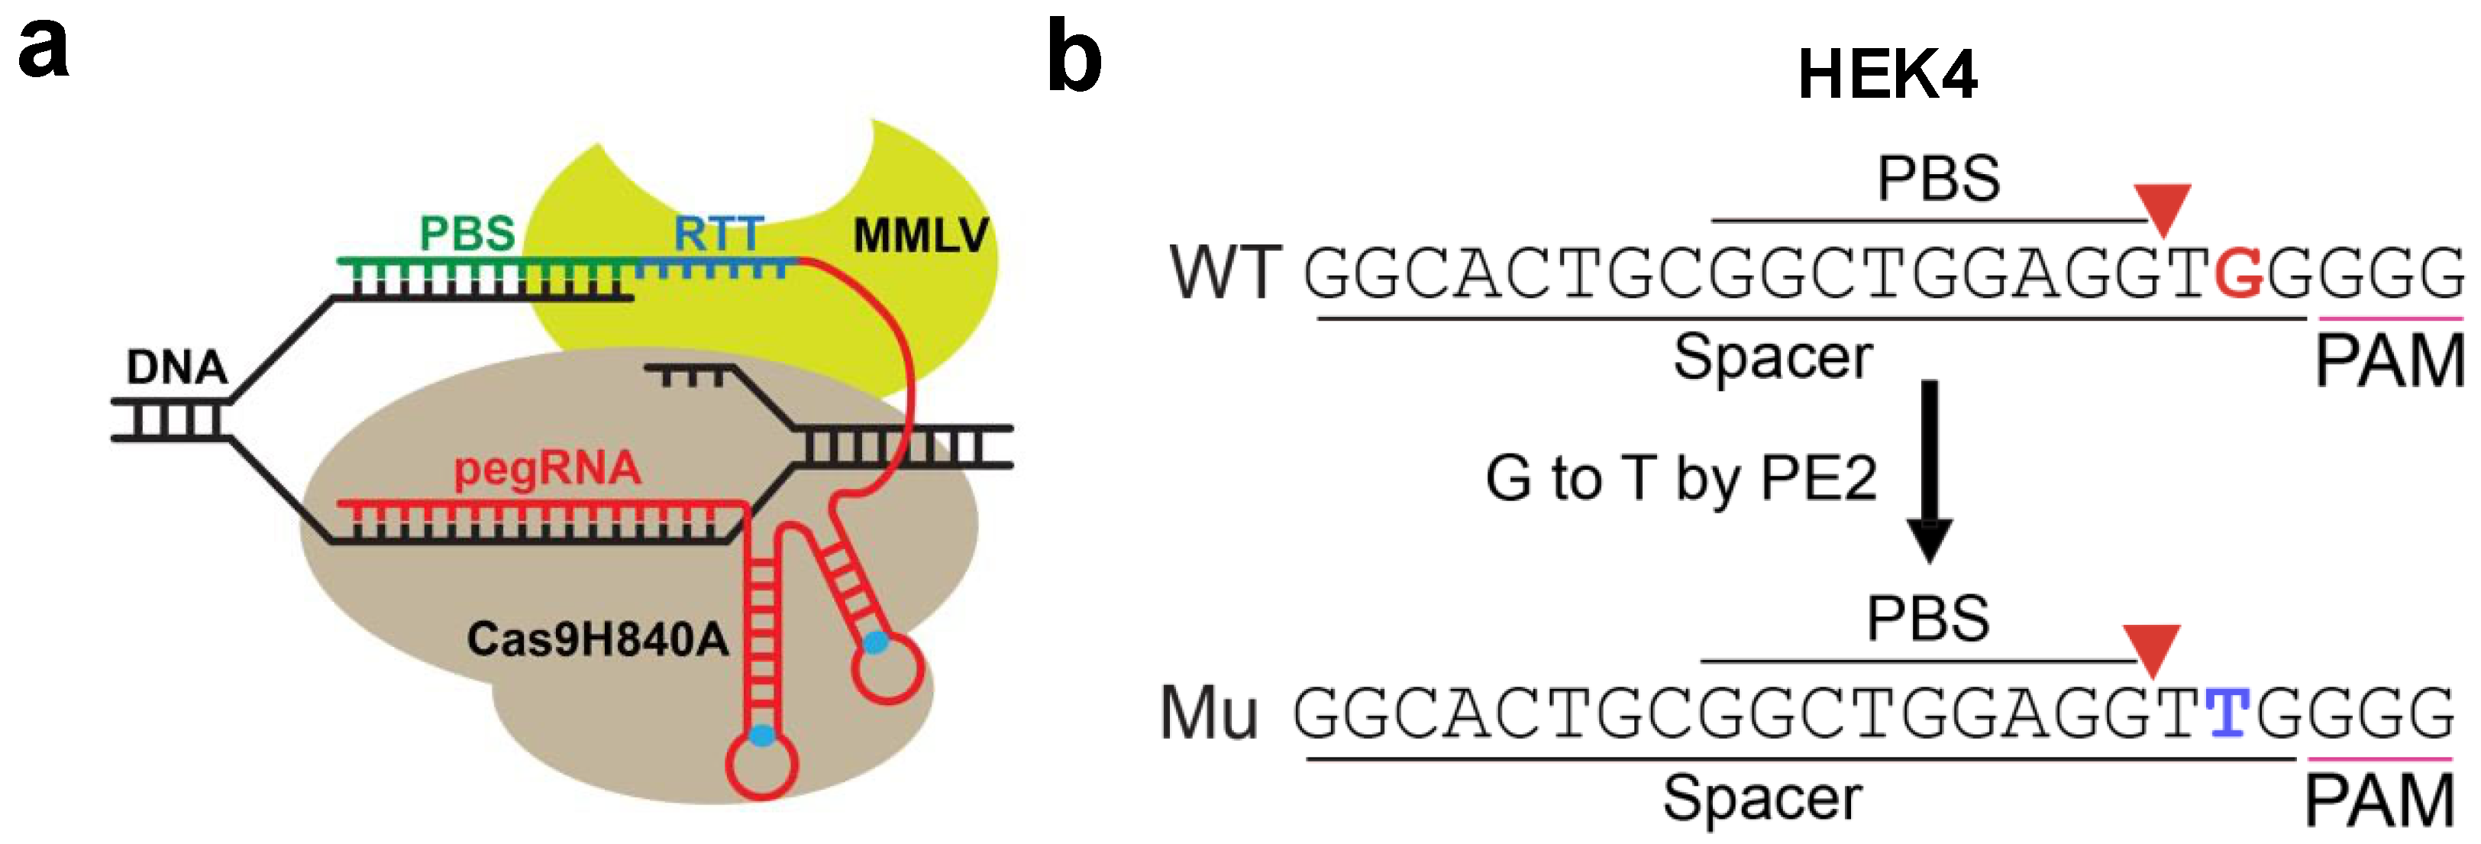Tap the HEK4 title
pos(1887,75)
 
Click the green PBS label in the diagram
pos(467,233)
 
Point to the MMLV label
pos(921,235)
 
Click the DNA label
pos(176,367)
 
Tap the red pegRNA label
pos(547,469)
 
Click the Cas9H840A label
pos(597,639)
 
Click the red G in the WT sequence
pos(2239,273)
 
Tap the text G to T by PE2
pos(1681,478)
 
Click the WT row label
pos(1225,273)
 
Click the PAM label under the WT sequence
pos(2389,361)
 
